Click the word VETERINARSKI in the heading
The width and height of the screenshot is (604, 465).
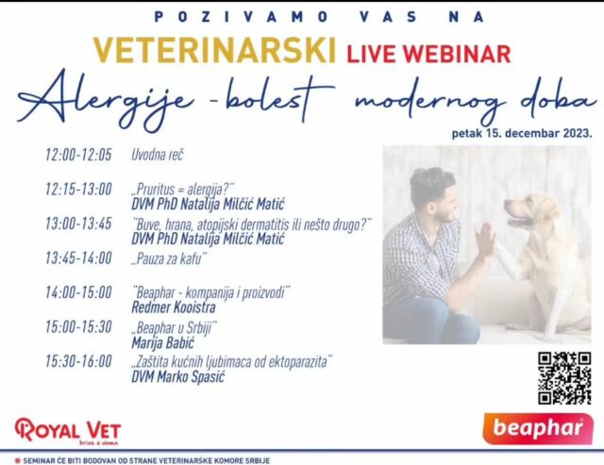214,50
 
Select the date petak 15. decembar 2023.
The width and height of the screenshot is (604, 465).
522,133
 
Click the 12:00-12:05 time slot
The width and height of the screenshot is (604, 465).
78,155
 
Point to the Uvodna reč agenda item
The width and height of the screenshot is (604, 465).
158,155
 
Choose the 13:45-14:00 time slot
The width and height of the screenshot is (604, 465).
78,257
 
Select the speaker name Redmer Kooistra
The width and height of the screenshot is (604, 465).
174,307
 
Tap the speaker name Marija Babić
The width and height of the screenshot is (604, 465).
163,342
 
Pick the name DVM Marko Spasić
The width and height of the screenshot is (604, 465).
177,376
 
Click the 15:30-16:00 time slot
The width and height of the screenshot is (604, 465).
78,361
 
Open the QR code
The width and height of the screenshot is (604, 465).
564,378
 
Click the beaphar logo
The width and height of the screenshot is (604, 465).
538,428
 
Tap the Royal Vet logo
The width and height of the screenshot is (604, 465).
68,431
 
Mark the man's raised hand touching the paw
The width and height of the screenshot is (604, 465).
484,241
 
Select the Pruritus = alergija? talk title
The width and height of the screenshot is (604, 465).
183,190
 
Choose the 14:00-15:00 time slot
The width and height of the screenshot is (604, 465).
78,292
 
